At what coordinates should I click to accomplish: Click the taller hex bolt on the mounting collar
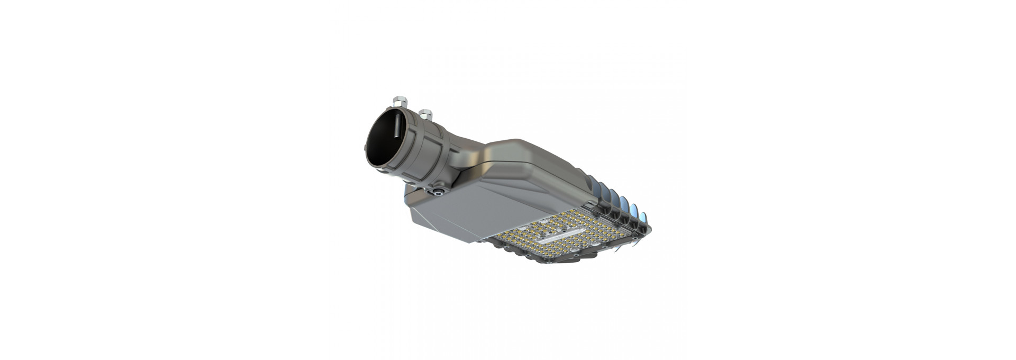pos(397,101)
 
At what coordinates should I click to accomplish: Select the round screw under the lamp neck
pos(438,191)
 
